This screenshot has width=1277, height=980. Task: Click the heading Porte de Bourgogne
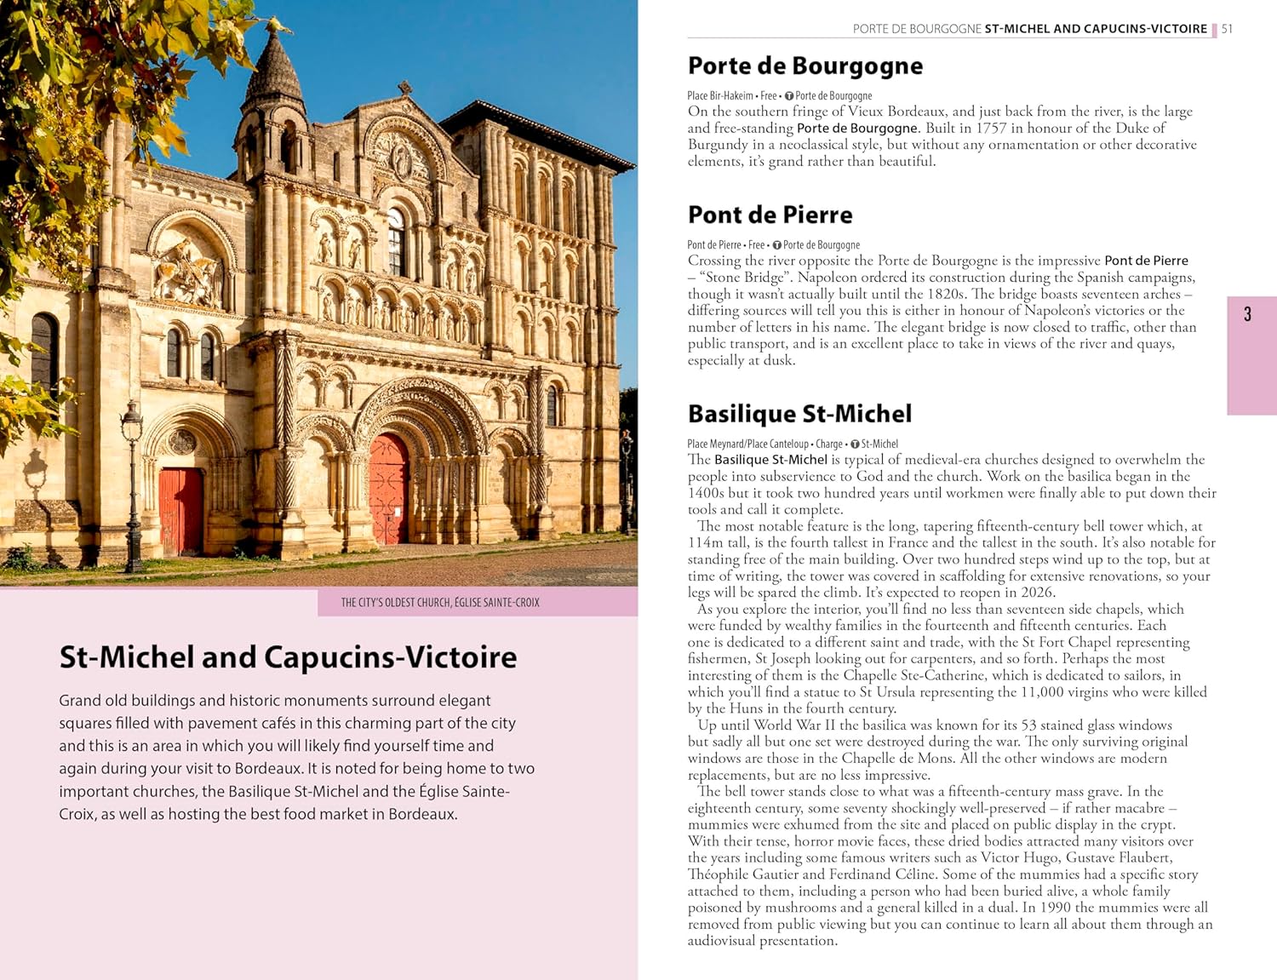(x=805, y=66)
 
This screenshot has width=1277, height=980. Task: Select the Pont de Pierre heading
(x=770, y=215)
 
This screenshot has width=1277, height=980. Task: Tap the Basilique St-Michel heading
(x=799, y=414)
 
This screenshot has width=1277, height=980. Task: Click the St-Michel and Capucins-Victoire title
(x=288, y=657)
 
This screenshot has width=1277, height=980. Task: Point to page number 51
(x=1227, y=29)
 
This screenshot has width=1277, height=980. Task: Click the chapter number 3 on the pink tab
(x=1247, y=315)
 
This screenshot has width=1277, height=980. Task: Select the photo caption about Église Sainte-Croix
(x=440, y=603)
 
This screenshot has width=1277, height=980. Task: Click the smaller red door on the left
(x=180, y=511)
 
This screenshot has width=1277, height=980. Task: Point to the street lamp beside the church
(x=132, y=485)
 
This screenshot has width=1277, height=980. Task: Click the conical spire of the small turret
(x=273, y=64)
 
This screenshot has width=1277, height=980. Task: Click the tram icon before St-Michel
(x=855, y=444)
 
